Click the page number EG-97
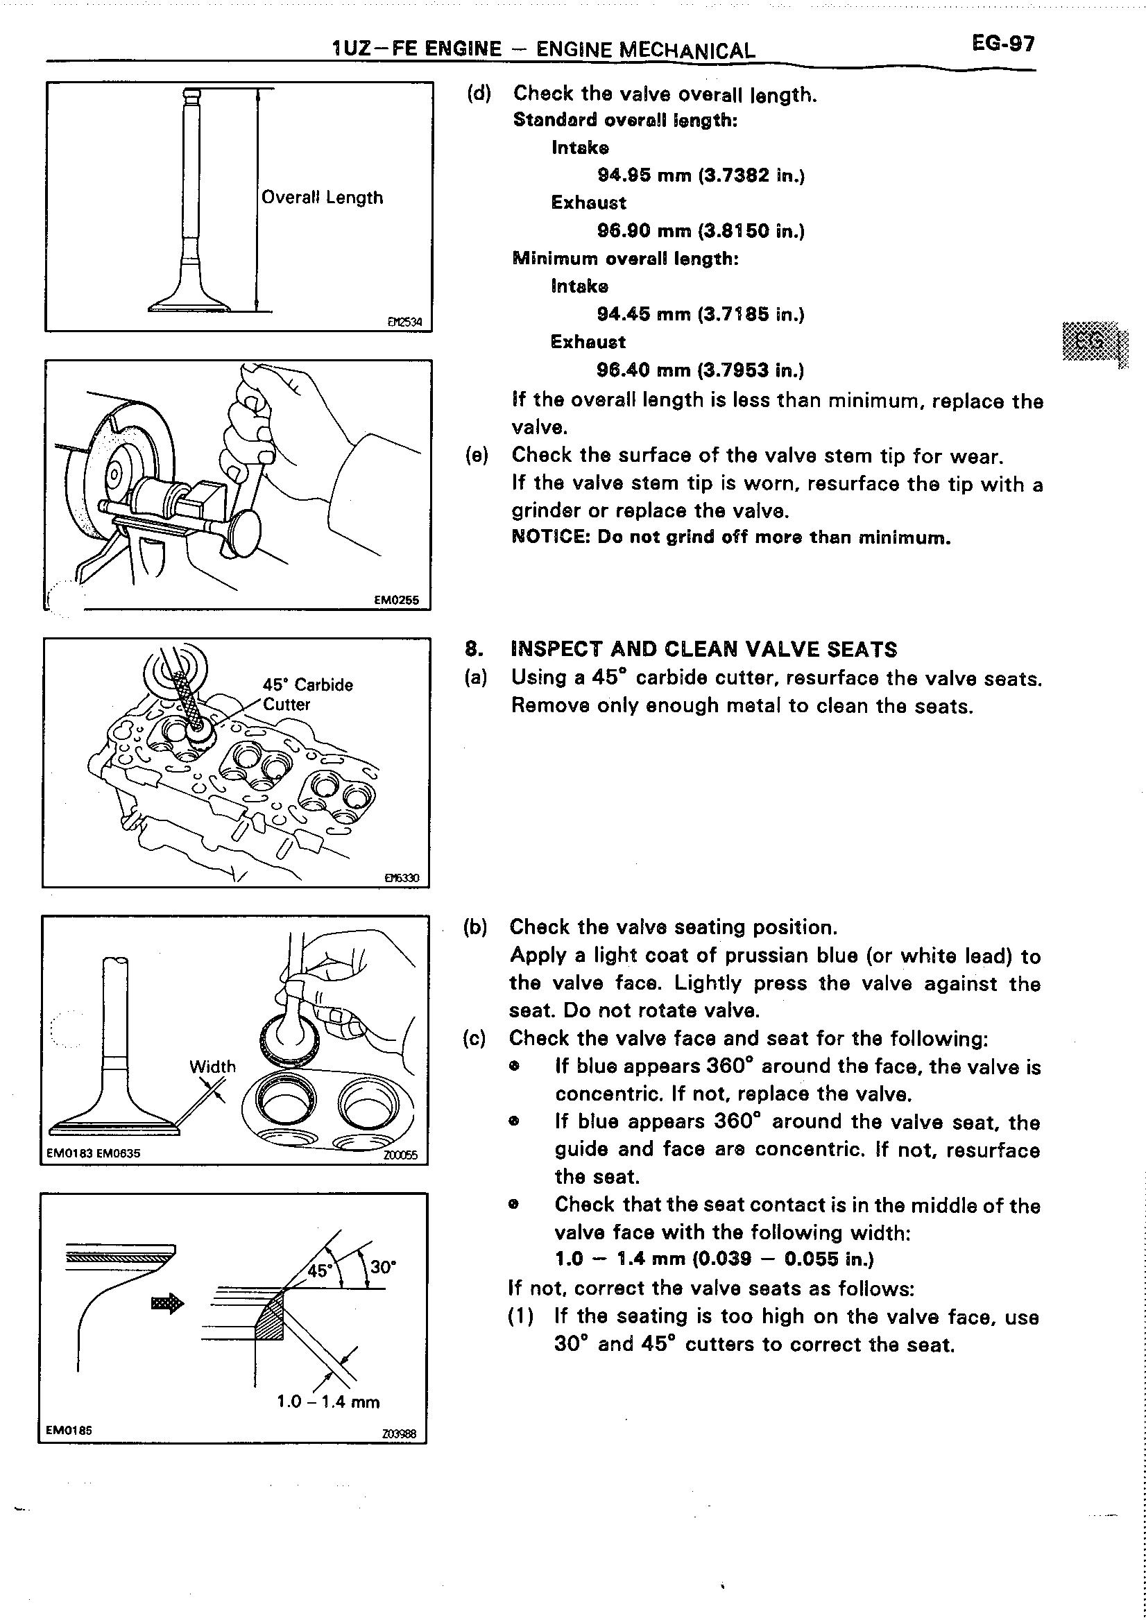coord(1003,44)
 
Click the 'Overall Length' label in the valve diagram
coord(322,198)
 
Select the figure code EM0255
coord(396,600)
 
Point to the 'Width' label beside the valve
coord(212,1067)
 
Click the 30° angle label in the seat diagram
coord(383,1266)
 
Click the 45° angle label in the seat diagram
coord(319,1270)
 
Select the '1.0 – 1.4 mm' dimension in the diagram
coord(328,1402)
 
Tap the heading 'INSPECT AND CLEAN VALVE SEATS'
coord(703,649)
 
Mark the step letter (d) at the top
coord(479,94)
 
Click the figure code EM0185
coord(69,1430)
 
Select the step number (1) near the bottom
coord(521,1317)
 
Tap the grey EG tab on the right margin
coord(1091,342)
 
